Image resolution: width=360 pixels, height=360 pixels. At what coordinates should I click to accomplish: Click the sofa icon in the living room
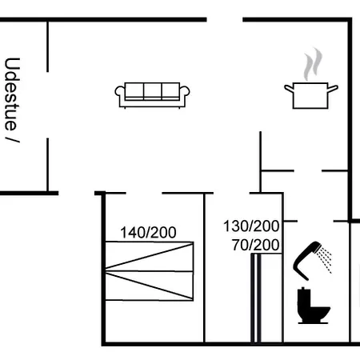(152, 95)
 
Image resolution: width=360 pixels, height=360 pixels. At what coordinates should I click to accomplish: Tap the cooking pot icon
(311, 95)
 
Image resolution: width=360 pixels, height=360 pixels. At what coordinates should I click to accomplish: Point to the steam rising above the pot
(313, 64)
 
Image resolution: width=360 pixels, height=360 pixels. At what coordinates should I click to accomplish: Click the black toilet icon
(313, 306)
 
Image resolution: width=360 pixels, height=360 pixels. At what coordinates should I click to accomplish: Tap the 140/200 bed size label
(148, 233)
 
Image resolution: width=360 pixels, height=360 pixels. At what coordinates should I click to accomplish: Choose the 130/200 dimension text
(251, 226)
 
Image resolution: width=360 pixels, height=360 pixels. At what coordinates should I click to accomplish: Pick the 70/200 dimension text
(255, 245)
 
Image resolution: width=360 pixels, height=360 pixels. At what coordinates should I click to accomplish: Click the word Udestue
(12, 94)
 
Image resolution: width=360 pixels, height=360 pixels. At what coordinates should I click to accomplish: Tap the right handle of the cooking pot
(333, 89)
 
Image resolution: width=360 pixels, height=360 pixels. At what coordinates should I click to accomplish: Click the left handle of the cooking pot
(289, 89)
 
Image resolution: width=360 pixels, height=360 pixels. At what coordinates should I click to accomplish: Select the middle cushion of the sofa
(153, 90)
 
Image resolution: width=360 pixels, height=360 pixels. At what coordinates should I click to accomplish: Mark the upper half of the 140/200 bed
(150, 256)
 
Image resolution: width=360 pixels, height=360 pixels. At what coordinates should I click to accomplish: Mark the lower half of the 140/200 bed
(150, 286)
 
